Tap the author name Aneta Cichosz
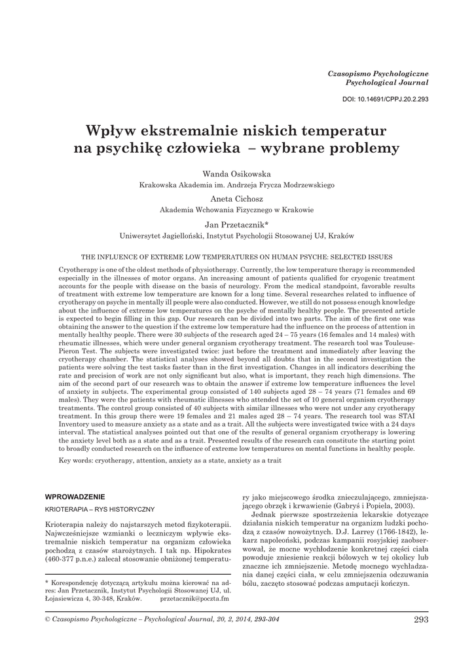(237, 198)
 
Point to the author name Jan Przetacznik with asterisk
(237, 223)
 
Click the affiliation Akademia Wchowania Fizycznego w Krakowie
(237, 210)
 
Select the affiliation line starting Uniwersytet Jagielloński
(237, 235)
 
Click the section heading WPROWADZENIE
(75, 495)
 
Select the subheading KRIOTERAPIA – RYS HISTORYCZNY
(99, 508)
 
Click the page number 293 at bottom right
(421, 619)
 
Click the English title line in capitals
(236, 257)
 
